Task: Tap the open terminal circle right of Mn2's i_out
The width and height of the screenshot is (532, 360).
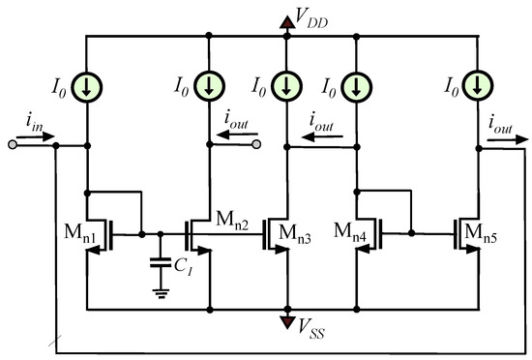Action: pyautogui.click(x=256, y=146)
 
